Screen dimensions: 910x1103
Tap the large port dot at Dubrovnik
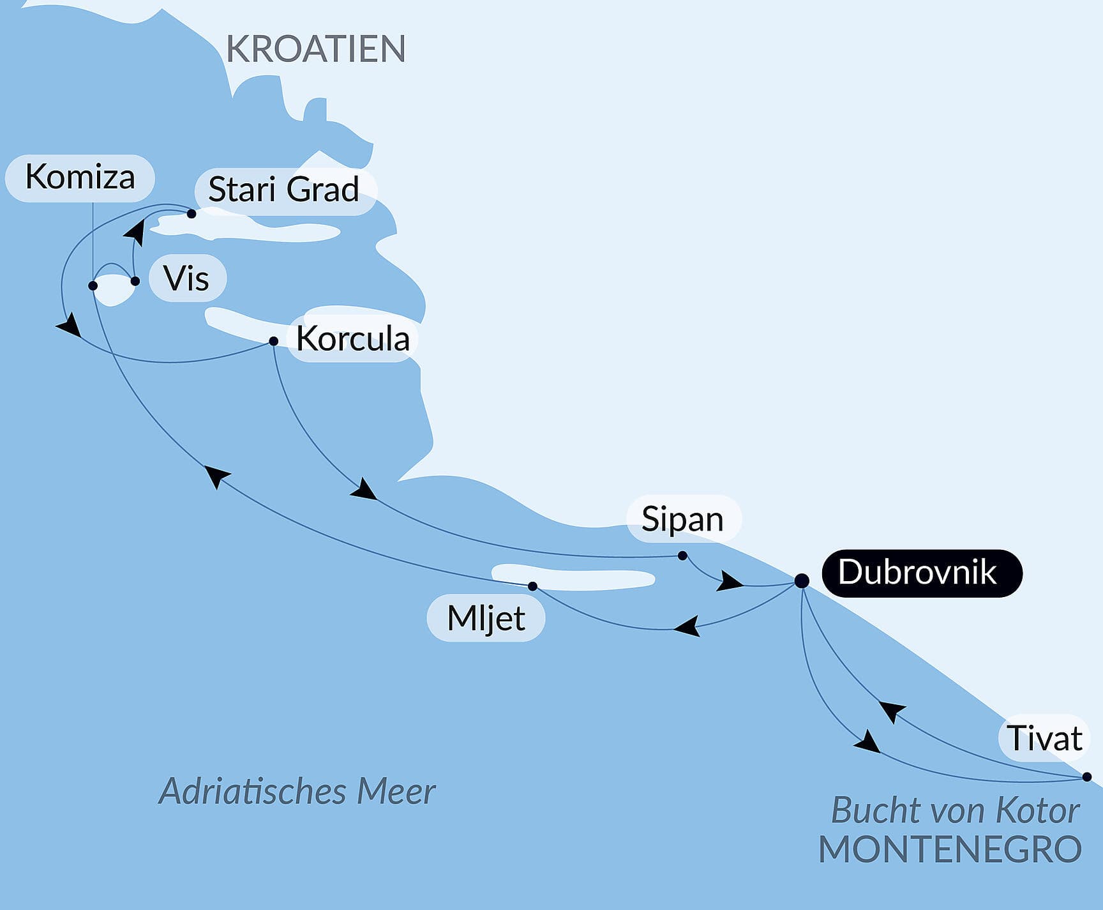(802, 580)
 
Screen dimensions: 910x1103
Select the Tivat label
(1044, 738)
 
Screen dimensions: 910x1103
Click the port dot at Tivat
(1087, 777)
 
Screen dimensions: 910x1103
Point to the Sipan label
(683, 519)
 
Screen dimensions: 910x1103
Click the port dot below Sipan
(682, 556)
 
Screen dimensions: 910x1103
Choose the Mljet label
(486, 618)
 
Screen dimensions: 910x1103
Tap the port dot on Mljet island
(532, 586)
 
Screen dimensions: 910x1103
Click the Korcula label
(352, 338)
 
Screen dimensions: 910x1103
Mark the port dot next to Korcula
(274, 341)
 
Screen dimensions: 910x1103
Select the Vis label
(187, 278)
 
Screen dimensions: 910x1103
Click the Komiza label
(80, 178)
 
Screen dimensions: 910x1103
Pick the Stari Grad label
(284, 190)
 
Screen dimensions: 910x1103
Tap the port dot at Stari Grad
(191, 214)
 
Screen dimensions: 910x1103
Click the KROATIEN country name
(316, 49)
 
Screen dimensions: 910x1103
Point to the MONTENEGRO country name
(950, 850)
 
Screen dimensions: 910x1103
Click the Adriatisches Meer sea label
(297, 791)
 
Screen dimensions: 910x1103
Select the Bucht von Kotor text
(955, 811)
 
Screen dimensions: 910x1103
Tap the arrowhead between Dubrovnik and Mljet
(687, 626)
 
